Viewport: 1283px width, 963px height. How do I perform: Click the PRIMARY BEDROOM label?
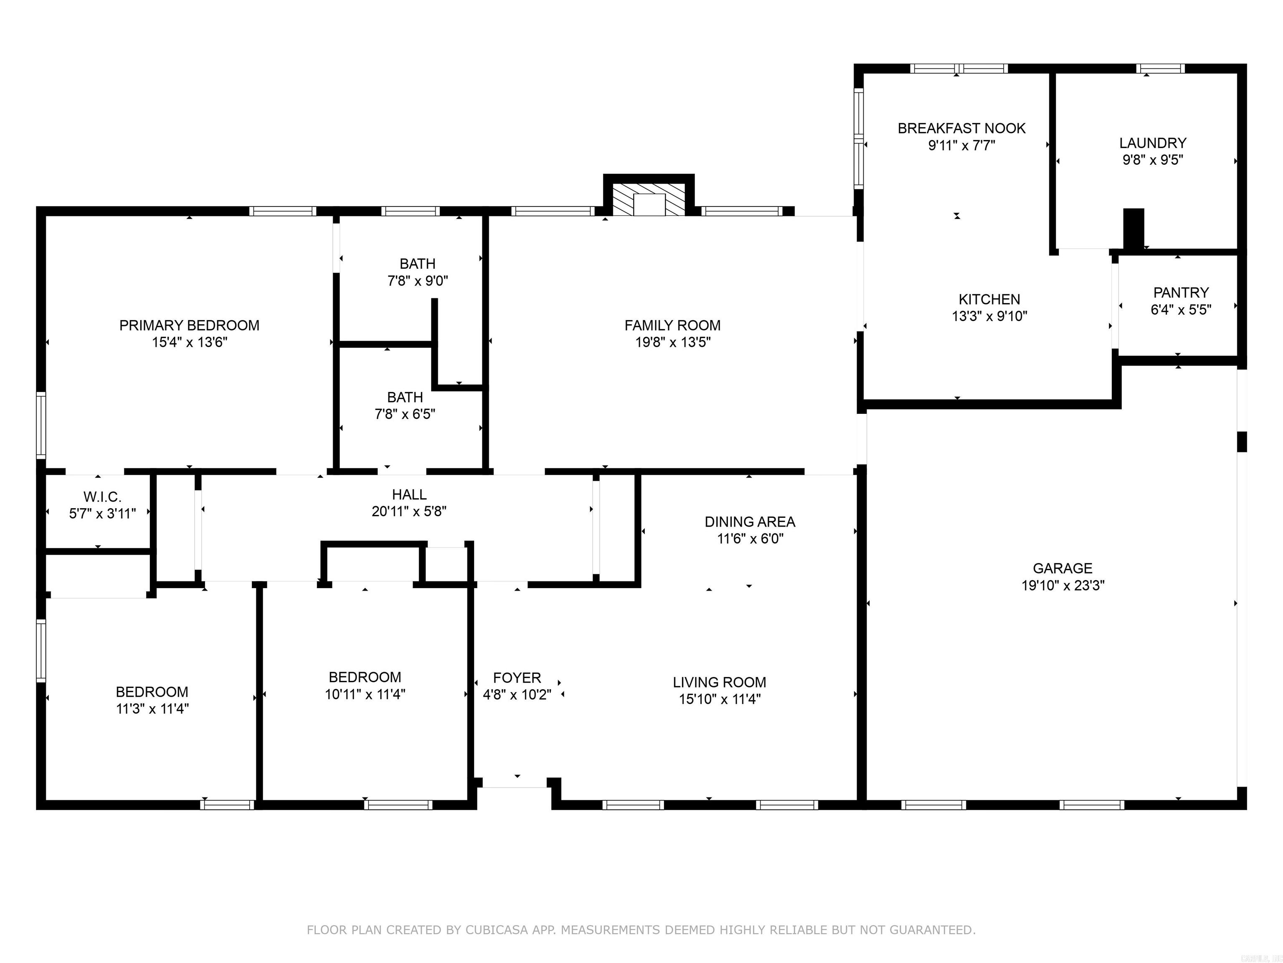[x=189, y=325]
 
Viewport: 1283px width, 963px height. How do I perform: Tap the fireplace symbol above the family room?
[x=649, y=200]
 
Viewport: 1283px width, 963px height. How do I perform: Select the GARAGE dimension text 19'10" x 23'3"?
[x=1062, y=585]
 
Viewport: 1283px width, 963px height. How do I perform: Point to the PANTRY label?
[x=1181, y=293]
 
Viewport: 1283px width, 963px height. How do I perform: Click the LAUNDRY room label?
[x=1153, y=143]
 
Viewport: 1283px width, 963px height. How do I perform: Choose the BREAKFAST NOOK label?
[x=961, y=128]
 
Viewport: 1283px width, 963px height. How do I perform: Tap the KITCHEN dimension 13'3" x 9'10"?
[x=989, y=316]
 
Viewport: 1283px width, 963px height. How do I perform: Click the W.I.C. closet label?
[x=102, y=497]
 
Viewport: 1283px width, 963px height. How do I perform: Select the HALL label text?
[x=409, y=494]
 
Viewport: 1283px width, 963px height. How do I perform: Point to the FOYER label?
[x=517, y=678]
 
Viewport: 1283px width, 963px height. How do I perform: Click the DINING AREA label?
[x=749, y=522]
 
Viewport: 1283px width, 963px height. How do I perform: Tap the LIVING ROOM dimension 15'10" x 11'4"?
[x=719, y=699]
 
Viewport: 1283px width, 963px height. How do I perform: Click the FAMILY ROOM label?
[x=672, y=325]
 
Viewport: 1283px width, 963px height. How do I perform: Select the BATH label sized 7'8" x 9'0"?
[x=417, y=264]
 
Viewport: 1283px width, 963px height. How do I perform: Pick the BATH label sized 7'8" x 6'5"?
[x=404, y=397]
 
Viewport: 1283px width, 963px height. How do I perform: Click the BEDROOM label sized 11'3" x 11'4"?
[x=152, y=692]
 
